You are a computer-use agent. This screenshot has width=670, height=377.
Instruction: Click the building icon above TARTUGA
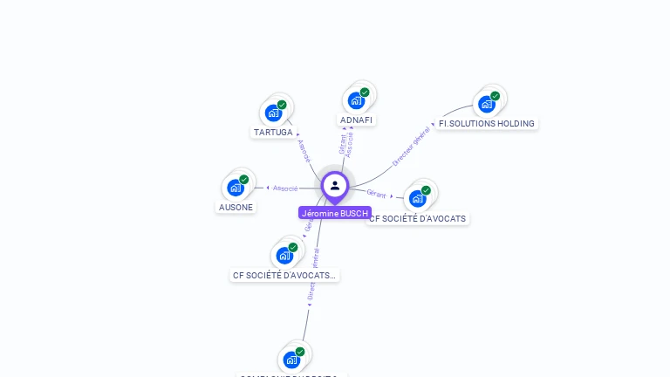(x=274, y=113)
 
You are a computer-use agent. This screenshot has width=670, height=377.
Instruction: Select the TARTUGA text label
(x=273, y=133)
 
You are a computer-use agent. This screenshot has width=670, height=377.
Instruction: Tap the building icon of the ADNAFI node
(x=356, y=100)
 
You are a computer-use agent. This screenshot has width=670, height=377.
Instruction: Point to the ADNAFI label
(x=357, y=120)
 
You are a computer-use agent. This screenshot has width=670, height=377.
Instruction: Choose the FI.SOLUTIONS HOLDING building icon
(x=487, y=104)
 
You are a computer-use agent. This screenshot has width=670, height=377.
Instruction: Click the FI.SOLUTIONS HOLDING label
(x=486, y=124)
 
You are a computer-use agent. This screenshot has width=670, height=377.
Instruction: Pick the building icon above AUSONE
(x=236, y=187)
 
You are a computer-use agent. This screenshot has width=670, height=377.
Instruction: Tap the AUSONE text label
(x=236, y=208)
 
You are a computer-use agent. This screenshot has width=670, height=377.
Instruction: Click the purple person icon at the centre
(x=335, y=185)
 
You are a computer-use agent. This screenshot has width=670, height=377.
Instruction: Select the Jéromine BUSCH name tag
(x=335, y=214)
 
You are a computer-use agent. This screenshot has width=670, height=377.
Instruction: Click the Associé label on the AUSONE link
(x=285, y=188)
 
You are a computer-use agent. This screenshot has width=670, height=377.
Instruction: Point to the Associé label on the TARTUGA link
(x=304, y=151)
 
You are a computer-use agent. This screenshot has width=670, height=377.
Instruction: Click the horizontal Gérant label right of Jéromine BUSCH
(x=377, y=193)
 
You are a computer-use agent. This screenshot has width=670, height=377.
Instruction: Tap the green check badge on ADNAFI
(x=365, y=93)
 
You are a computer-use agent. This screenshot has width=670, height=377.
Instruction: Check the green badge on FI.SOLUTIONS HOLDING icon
(x=496, y=96)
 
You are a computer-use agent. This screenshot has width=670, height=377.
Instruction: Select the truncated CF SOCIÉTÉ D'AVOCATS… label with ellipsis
(x=284, y=275)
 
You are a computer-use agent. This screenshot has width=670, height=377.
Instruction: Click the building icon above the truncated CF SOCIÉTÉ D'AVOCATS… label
(x=284, y=255)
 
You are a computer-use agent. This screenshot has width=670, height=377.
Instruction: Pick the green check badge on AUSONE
(x=244, y=179)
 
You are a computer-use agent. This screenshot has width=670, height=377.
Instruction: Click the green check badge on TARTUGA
(x=282, y=105)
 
